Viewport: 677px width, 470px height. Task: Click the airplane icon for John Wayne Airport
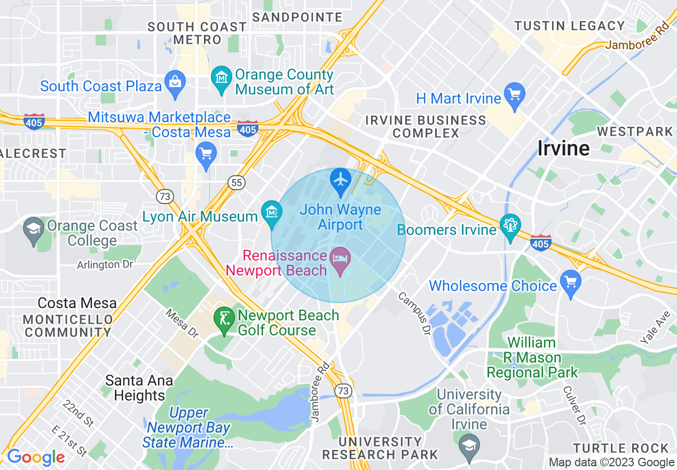[341, 179]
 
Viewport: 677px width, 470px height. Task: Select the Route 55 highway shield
[236, 183]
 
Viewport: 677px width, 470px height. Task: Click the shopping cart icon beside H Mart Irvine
[515, 95]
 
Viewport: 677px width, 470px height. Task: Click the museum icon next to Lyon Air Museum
[272, 211]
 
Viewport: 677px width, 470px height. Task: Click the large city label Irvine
[563, 148]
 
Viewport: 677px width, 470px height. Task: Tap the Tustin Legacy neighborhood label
[569, 26]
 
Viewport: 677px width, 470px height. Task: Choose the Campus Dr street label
[414, 315]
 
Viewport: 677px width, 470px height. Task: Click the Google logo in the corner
[35, 458]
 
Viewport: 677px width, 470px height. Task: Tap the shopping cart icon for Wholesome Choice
[571, 281]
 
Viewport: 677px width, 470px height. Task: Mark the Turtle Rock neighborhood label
[621, 448]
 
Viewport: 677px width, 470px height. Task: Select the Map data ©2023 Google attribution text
[612, 463]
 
